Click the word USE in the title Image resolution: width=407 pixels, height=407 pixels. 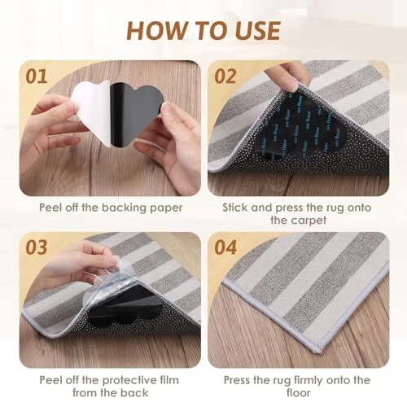pos(256,31)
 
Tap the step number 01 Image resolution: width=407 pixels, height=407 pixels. pos(37,77)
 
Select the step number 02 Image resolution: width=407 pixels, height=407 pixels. pos(225,77)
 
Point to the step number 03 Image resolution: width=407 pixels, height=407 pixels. pos(37,247)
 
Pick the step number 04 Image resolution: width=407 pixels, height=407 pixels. pos(225,247)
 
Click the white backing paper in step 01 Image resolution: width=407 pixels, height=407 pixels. pos(92,112)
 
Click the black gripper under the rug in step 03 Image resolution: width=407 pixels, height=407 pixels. pos(128,308)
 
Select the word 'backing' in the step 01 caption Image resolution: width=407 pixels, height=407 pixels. pos(125,208)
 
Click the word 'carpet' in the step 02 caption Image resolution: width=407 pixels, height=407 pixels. pos(309,221)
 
